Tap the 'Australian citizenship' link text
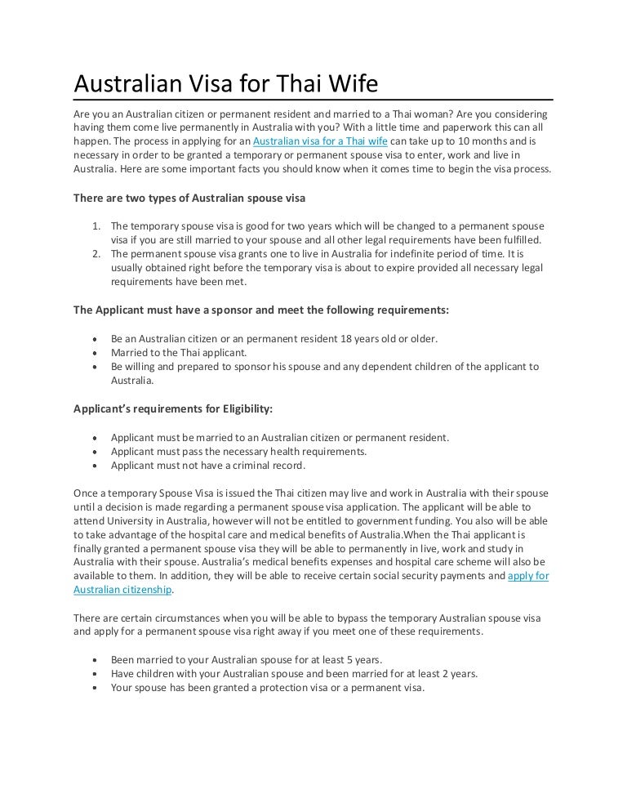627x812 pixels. [122, 590]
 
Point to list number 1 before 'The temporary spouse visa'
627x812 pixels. [96, 225]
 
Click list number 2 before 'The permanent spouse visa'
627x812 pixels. [96, 253]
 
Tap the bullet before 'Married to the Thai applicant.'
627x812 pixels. [98, 353]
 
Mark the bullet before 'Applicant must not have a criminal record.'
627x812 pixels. [98, 466]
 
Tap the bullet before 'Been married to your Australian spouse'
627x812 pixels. [98, 660]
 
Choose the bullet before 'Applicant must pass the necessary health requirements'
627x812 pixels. [98, 452]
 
